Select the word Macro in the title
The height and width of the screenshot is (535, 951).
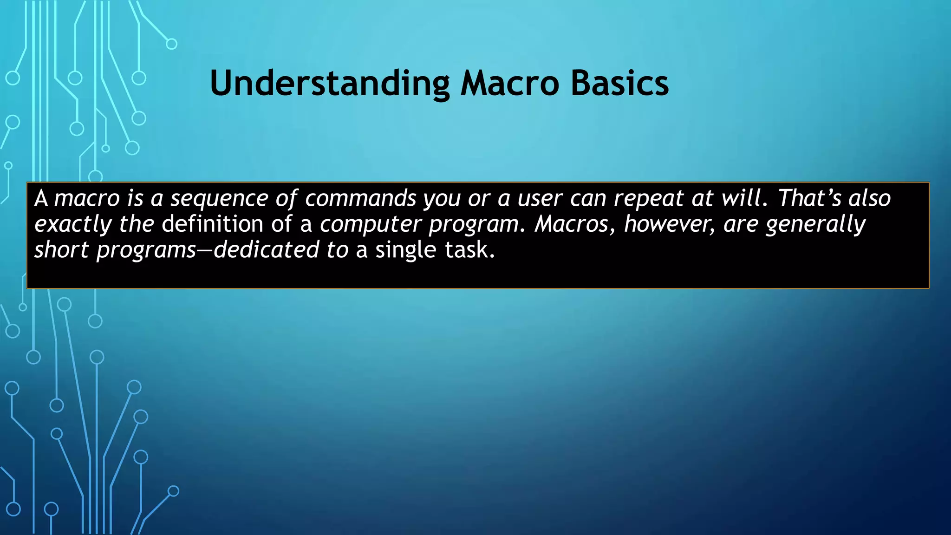[x=509, y=84]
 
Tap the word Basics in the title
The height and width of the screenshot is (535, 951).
[x=619, y=84]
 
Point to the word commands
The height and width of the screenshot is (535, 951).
[x=360, y=198]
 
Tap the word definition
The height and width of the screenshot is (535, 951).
[x=213, y=224]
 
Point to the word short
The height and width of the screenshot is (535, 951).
[x=61, y=250]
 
